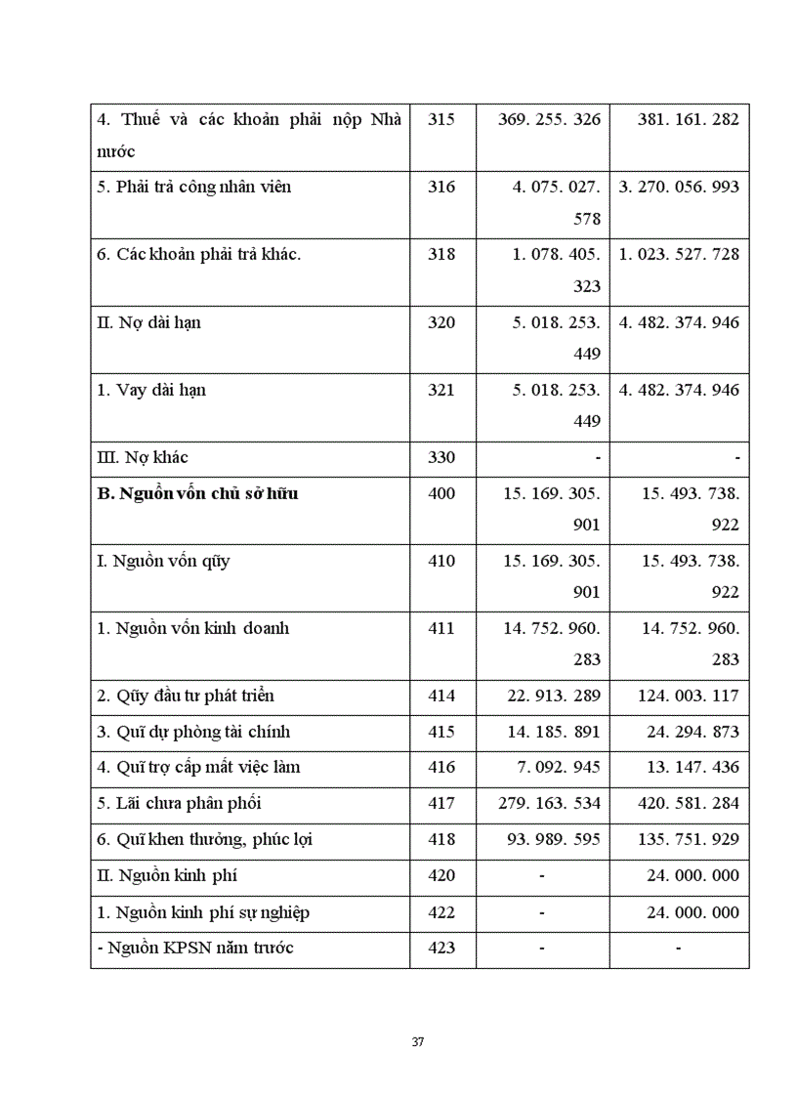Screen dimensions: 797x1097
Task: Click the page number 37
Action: pos(418,1041)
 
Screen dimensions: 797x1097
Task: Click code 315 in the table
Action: pos(441,119)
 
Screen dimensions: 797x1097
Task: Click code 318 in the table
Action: pos(441,254)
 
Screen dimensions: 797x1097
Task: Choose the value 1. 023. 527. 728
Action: pos(680,254)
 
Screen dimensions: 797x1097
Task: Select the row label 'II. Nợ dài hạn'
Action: pos(149,321)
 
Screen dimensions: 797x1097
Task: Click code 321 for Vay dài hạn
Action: pos(441,390)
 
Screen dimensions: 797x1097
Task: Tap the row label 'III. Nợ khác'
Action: pos(143,457)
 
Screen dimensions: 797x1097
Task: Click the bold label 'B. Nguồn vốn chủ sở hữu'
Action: pos(197,493)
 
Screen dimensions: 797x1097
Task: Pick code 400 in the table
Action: pos(441,493)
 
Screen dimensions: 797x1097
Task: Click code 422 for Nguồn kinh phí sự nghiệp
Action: pos(441,912)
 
